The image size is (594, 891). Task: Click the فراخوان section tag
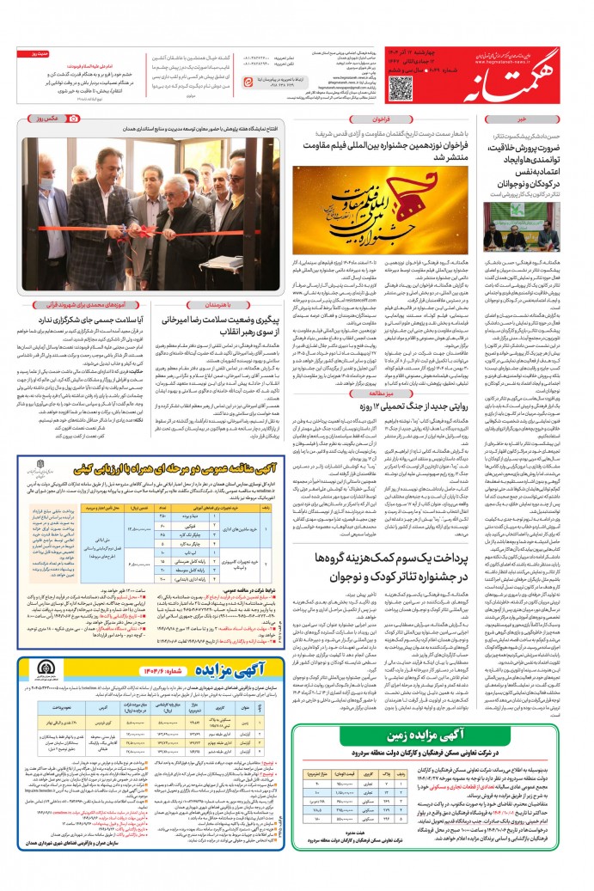click(x=383, y=119)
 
